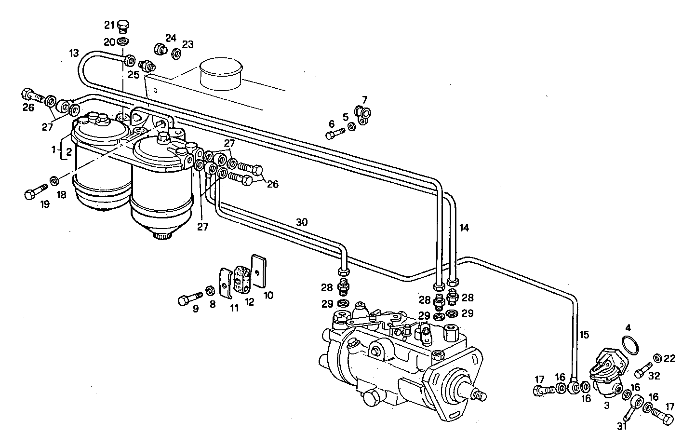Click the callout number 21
click(x=110, y=25)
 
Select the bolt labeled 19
click(x=35, y=192)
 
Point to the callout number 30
click(x=302, y=222)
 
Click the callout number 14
click(x=464, y=227)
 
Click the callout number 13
click(x=73, y=53)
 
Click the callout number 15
click(x=584, y=334)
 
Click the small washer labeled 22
click(x=656, y=358)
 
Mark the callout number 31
click(x=622, y=426)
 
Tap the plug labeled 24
click(x=160, y=49)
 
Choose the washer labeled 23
click(x=176, y=54)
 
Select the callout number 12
click(x=249, y=302)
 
